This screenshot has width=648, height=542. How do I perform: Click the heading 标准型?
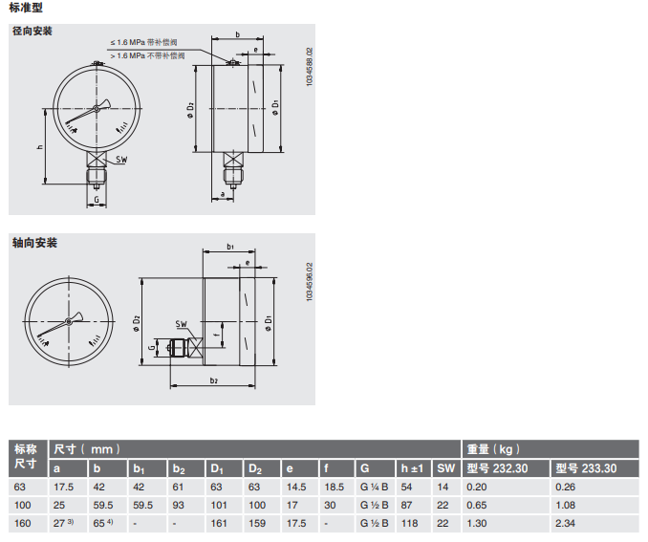26,8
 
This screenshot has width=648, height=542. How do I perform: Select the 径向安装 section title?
32,31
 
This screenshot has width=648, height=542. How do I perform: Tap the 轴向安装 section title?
34,243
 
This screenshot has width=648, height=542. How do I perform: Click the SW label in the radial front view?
121,160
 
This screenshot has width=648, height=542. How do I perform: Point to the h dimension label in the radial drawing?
40,147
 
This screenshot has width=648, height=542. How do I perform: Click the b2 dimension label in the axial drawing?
214,380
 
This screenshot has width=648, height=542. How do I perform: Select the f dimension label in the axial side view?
217,335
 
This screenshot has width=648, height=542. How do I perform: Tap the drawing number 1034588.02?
310,67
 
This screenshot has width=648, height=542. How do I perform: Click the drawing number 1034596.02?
310,282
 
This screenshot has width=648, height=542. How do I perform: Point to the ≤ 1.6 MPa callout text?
143,43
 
